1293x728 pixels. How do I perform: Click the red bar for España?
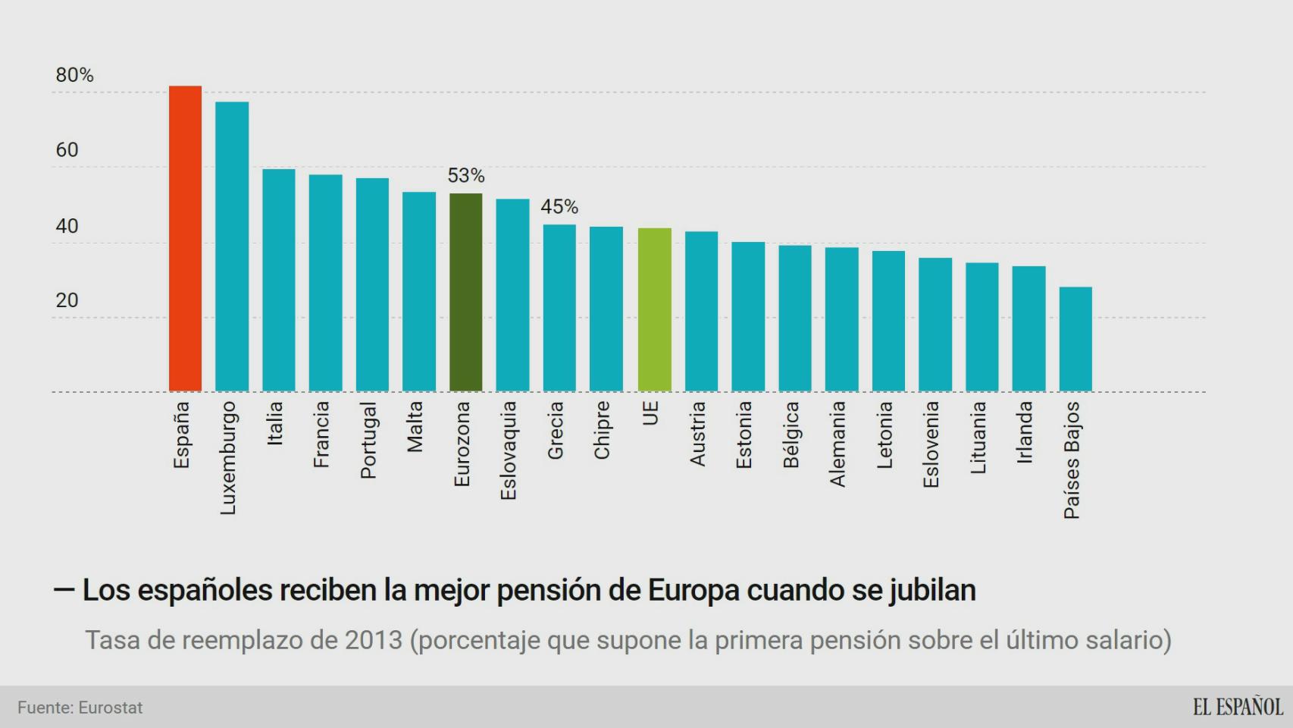[x=185, y=239]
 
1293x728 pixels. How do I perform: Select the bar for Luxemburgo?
[x=232, y=247]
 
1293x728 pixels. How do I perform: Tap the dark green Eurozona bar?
[x=465, y=293]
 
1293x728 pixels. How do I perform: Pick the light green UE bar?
[x=654, y=310]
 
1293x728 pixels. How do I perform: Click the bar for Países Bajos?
[x=1075, y=339]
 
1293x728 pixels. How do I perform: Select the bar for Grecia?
[x=559, y=308]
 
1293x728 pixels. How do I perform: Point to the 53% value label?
[x=465, y=176]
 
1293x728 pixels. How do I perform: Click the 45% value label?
[x=559, y=206]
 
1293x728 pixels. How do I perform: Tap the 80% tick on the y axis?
[x=74, y=75]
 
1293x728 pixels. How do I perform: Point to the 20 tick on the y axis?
[x=67, y=300]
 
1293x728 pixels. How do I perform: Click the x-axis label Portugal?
[x=368, y=441]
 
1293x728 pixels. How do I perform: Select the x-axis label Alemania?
[x=837, y=444]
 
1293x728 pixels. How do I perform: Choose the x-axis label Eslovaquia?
[x=509, y=450]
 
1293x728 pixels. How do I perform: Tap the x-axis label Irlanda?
[x=1025, y=432]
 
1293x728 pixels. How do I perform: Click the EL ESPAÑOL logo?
[x=1237, y=707]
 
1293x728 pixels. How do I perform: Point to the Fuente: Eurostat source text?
[x=80, y=708]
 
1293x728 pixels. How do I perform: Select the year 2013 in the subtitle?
[x=373, y=640]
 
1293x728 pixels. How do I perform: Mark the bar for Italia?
[x=279, y=280]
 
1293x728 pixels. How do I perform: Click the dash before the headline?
[x=64, y=589]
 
